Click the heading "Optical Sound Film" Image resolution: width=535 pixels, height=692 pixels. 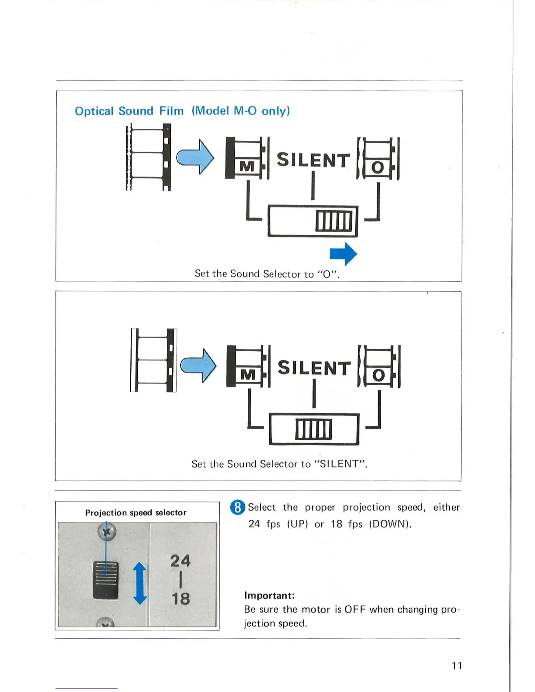click(x=129, y=111)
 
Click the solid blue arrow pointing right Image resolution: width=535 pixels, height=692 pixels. click(x=344, y=253)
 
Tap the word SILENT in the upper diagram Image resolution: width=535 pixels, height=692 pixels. click(x=313, y=160)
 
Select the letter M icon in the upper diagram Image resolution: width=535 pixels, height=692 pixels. click(x=247, y=166)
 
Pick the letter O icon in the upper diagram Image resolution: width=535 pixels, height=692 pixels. click(x=378, y=167)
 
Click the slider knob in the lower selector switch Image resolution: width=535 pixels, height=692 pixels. click(x=313, y=429)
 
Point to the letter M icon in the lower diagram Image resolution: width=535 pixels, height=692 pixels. click(x=248, y=374)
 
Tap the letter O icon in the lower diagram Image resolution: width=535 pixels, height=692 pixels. click(x=379, y=375)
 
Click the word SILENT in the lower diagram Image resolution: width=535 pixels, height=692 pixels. click(x=314, y=368)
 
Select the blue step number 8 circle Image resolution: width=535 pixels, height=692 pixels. click(x=237, y=507)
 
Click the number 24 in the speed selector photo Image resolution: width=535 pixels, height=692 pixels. click(x=180, y=561)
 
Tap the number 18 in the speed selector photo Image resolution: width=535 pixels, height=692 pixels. click(x=180, y=598)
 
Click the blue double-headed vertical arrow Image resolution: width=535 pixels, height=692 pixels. click(x=140, y=583)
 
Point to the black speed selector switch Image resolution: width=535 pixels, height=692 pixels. click(x=105, y=580)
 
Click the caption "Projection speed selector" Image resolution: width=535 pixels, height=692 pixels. click(x=135, y=512)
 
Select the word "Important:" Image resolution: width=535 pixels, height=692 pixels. click(x=269, y=595)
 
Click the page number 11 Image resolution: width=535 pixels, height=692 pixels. click(x=457, y=665)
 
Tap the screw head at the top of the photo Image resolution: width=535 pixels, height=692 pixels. click(x=106, y=532)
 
